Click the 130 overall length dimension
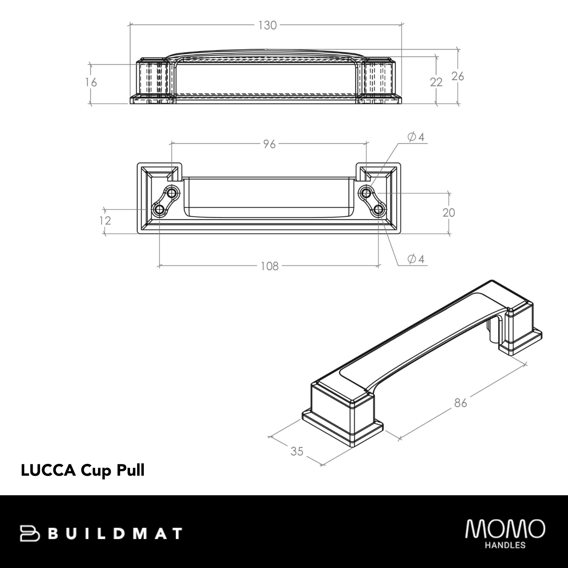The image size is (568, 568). click(x=267, y=26)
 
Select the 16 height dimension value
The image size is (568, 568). click(x=91, y=83)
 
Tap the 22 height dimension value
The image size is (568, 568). click(x=436, y=82)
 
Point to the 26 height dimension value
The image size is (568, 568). click(x=458, y=76)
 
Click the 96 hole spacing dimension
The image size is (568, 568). click(x=269, y=144)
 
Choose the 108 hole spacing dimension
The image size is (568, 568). click(x=269, y=266)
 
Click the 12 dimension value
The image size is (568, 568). click(x=105, y=221)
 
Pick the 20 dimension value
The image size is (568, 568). click(x=449, y=213)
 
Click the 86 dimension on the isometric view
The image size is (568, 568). click(x=460, y=403)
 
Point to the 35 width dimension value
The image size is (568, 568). click(x=297, y=452)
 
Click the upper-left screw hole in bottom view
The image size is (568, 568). click(x=172, y=193)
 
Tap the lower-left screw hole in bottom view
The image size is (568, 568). click(x=160, y=210)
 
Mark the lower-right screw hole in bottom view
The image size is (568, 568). click(x=379, y=210)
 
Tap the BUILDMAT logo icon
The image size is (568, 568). click(x=30, y=533)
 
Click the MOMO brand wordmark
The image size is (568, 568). click(x=505, y=529)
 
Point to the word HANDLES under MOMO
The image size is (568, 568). click(x=506, y=545)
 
